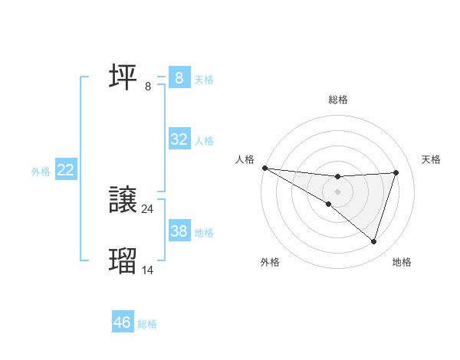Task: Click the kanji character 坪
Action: [123, 77]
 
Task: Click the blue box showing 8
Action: [179, 78]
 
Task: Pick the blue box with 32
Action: [179, 139]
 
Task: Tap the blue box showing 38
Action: [179, 231]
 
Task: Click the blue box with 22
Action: [65, 170]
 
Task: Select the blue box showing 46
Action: [123, 322]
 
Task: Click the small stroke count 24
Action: [148, 209]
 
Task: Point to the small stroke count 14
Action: [148, 270]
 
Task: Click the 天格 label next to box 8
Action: [204, 79]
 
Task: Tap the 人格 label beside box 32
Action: [204, 140]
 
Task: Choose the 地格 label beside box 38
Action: [204, 232]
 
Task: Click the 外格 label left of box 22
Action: [41, 172]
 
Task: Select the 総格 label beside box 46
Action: [147, 324]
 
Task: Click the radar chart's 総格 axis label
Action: [337, 100]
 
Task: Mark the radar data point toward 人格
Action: [264, 168]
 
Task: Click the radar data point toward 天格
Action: [396, 172]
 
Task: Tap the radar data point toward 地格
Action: [373, 241]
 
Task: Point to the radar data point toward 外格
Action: [328, 204]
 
